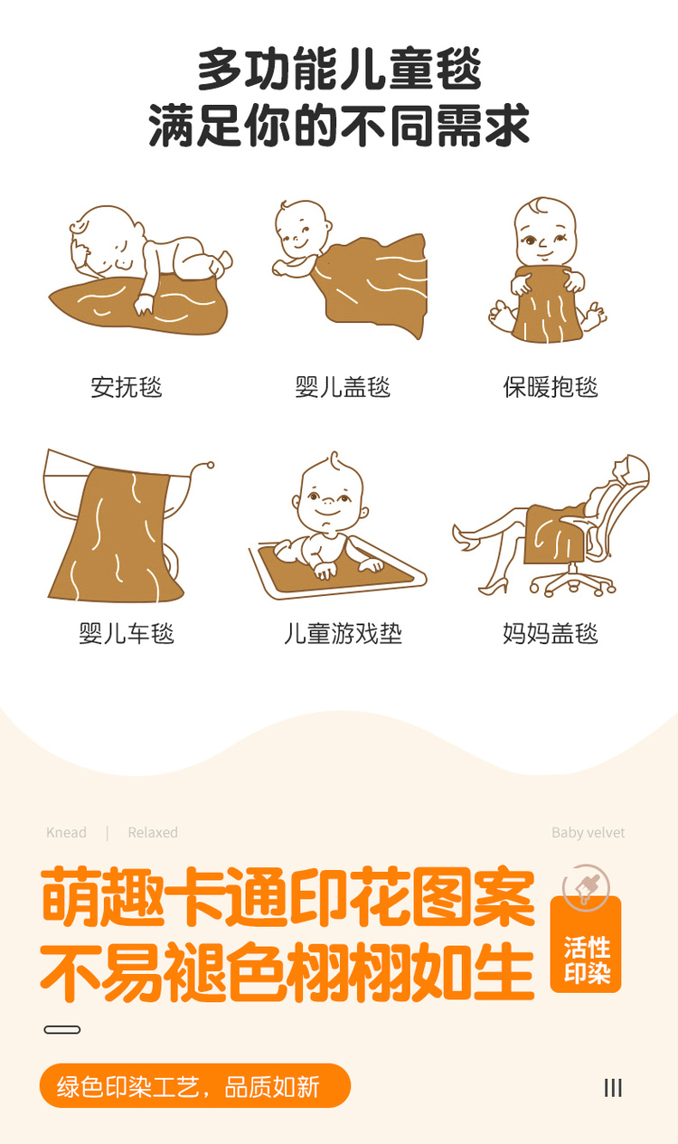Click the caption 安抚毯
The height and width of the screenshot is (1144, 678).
pos(126,387)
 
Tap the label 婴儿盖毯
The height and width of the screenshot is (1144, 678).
pos(343,387)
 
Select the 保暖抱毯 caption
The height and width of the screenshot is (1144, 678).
pos(551,387)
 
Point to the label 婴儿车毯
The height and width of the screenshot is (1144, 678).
pos(126,633)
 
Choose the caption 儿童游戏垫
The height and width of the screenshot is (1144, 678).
pos(343,633)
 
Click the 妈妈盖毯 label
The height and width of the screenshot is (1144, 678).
pos(551,633)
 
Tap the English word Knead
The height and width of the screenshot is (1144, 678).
pos(66,833)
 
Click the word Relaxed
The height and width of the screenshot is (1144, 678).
pos(153,833)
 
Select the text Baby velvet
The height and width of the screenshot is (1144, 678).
pos(589,833)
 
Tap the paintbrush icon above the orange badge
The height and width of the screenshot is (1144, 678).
pos(586,888)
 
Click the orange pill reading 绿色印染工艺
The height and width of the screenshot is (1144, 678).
pos(195,1086)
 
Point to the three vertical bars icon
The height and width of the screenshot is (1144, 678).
pos(613,1088)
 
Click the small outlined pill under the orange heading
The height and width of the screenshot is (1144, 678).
pos(62,1029)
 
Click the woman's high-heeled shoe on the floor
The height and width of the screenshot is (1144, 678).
pos(494,586)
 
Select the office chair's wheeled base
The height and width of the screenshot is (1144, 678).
pos(573,583)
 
